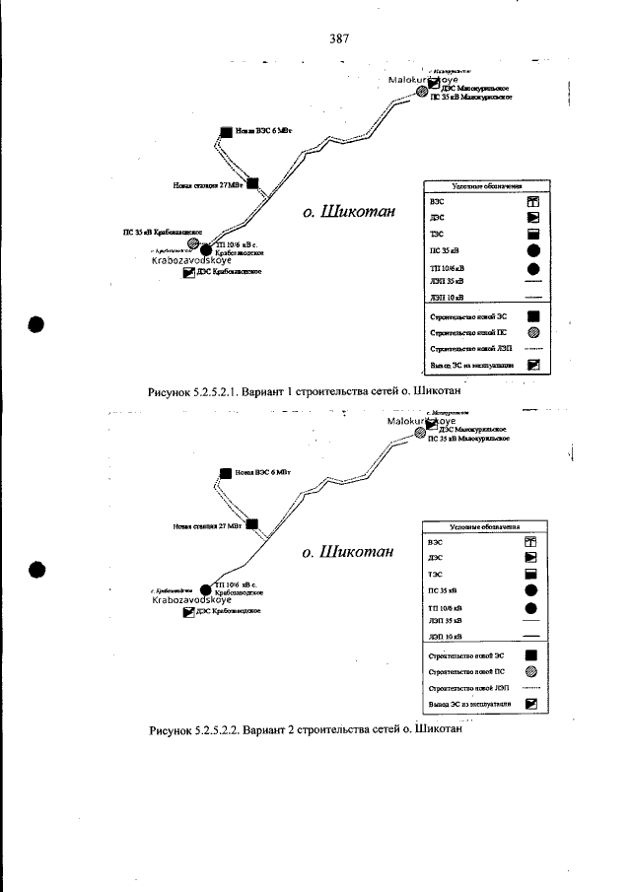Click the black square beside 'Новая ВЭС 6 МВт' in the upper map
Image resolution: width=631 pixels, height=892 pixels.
pyautogui.click(x=227, y=131)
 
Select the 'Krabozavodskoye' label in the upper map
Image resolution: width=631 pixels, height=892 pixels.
pyautogui.click(x=191, y=261)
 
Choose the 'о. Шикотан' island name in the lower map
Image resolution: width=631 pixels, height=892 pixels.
pyautogui.click(x=349, y=552)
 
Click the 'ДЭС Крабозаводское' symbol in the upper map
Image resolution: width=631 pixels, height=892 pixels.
pyautogui.click(x=189, y=273)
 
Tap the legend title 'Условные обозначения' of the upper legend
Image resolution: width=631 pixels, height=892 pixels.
pyautogui.click(x=486, y=185)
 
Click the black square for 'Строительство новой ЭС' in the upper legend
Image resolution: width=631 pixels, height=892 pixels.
pyautogui.click(x=532, y=316)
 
